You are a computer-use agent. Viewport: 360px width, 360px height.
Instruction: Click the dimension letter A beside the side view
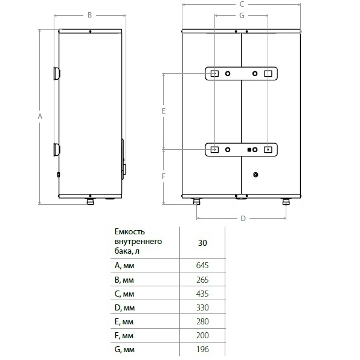pos(40,117)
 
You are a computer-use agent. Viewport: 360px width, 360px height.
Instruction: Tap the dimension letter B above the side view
pos(90,15)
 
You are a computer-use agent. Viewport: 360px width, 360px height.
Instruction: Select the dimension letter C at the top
pos(242,4)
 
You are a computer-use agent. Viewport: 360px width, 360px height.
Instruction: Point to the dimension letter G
pos(242,15)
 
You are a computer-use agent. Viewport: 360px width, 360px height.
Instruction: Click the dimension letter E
pos(164,111)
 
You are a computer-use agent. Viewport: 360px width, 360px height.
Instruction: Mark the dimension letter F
pos(164,176)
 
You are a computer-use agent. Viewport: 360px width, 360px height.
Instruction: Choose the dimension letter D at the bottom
pos(243,218)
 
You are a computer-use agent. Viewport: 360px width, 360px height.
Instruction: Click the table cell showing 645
pos(202,265)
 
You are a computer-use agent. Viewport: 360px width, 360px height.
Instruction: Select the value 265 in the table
pos(202,280)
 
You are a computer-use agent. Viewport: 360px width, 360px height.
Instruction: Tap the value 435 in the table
pos(202,294)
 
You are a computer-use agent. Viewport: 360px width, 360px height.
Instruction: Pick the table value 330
pos(202,307)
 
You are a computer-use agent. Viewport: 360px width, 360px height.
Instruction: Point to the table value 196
pos(202,350)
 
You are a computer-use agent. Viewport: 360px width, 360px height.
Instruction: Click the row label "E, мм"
pos(124,322)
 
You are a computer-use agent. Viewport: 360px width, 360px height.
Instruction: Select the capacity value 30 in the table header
pos(202,243)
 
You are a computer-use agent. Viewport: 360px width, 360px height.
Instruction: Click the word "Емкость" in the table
pos(129,232)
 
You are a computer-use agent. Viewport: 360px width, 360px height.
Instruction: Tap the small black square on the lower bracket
pos(249,150)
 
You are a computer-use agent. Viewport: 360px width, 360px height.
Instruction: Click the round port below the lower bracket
pos(256,175)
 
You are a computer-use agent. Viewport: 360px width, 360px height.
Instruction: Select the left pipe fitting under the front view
pos(196,201)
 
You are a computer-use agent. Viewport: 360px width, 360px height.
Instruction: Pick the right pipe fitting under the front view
pos(286,201)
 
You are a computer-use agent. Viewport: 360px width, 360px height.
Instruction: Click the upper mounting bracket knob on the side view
pos(57,74)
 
